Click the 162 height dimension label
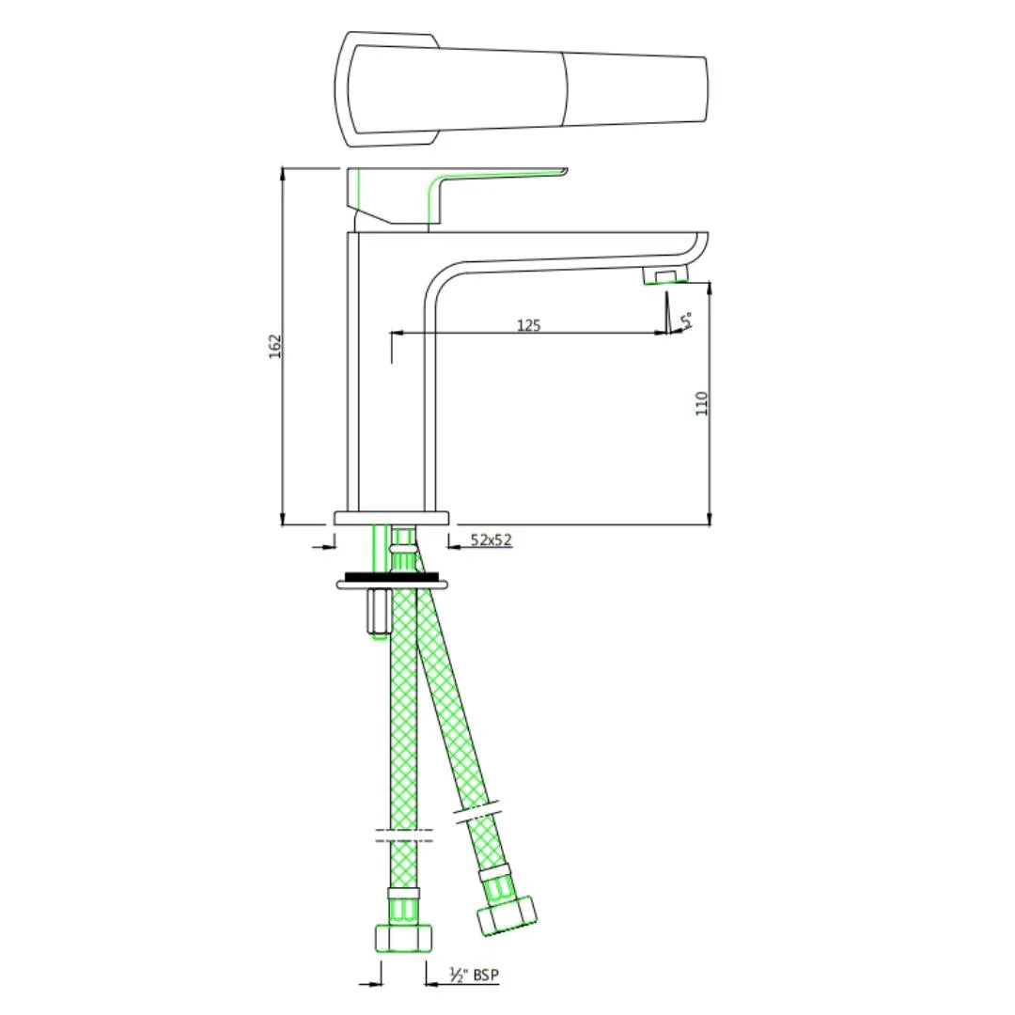tap(274, 346)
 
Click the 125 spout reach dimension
tap(529, 325)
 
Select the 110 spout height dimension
tap(701, 403)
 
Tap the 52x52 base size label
tap(491, 539)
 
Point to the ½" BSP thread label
tap(474, 976)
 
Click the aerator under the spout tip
tap(665, 275)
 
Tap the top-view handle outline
tap(522, 89)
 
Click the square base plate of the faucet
tap(392, 518)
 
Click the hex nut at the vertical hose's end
tap(403, 937)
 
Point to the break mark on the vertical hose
tap(403, 835)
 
